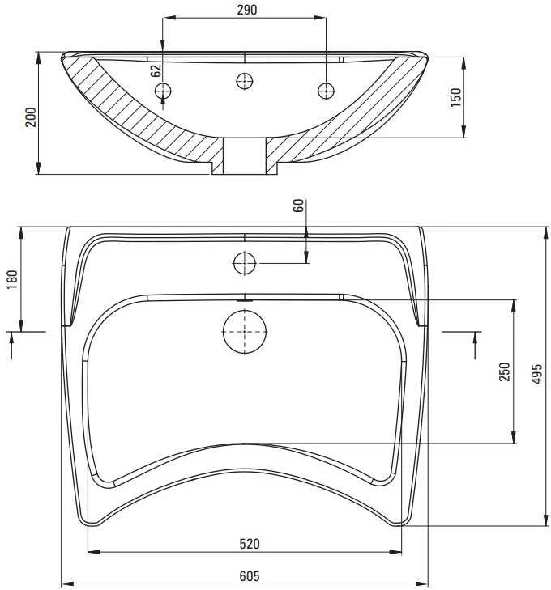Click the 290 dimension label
click(x=246, y=10)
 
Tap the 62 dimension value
click(x=156, y=70)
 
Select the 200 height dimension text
click(x=31, y=117)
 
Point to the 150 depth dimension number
click(x=455, y=97)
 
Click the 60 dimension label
click(x=298, y=206)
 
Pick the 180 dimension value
click(x=12, y=279)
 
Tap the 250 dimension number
click(x=504, y=371)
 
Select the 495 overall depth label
click(x=536, y=374)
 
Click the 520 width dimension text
click(x=250, y=544)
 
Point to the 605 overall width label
click(x=250, y=576)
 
